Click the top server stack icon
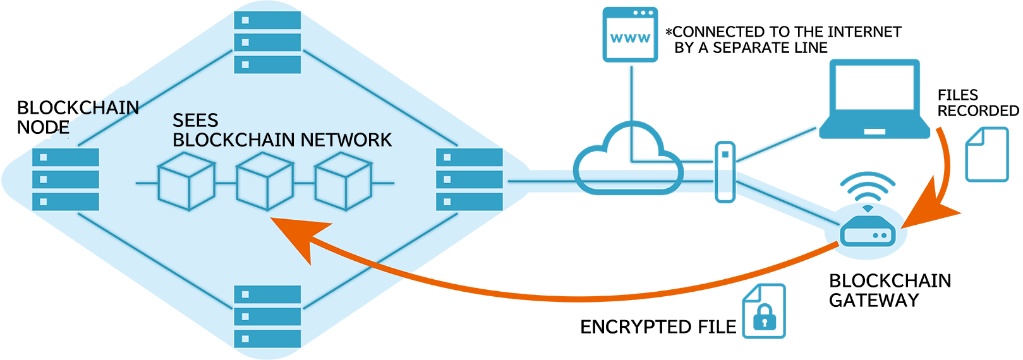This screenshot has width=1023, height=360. tap(267, 42)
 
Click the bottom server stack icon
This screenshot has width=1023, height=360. tap(267, 316)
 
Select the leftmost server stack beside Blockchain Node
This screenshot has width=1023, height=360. tap(66, 179)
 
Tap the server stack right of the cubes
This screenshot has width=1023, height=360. tap(469, 179)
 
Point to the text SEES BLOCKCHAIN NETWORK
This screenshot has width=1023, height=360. tap(281, 130)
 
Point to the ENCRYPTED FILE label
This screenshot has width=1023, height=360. tap(658, 327)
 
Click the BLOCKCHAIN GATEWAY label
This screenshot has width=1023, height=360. tap(890, 291)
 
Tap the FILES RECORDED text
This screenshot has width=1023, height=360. tap(978, 103)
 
